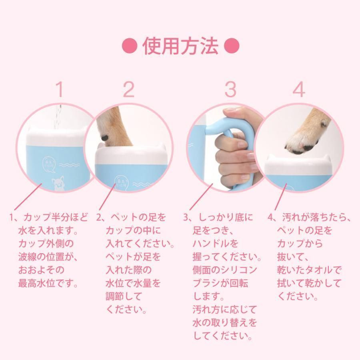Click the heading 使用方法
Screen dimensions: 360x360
tap(180, 46)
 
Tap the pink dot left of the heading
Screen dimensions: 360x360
tap(130, 46)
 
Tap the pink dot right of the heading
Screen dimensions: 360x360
tap(232, 46)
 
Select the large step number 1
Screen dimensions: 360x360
tap(60, 89)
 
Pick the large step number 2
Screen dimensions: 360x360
tap(128, 89)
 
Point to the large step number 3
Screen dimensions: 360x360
tap(230, 89)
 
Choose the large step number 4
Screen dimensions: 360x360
tap(299, 89)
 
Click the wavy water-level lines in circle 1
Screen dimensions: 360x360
tap(69, 165)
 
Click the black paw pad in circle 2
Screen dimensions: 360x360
tap(105, 138)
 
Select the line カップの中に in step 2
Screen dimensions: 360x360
tap(133, 230)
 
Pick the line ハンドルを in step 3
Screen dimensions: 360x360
tap(215, 243)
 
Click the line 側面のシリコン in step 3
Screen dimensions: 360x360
tap(225, 270)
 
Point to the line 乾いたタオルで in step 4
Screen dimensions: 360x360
tap(309, 270)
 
